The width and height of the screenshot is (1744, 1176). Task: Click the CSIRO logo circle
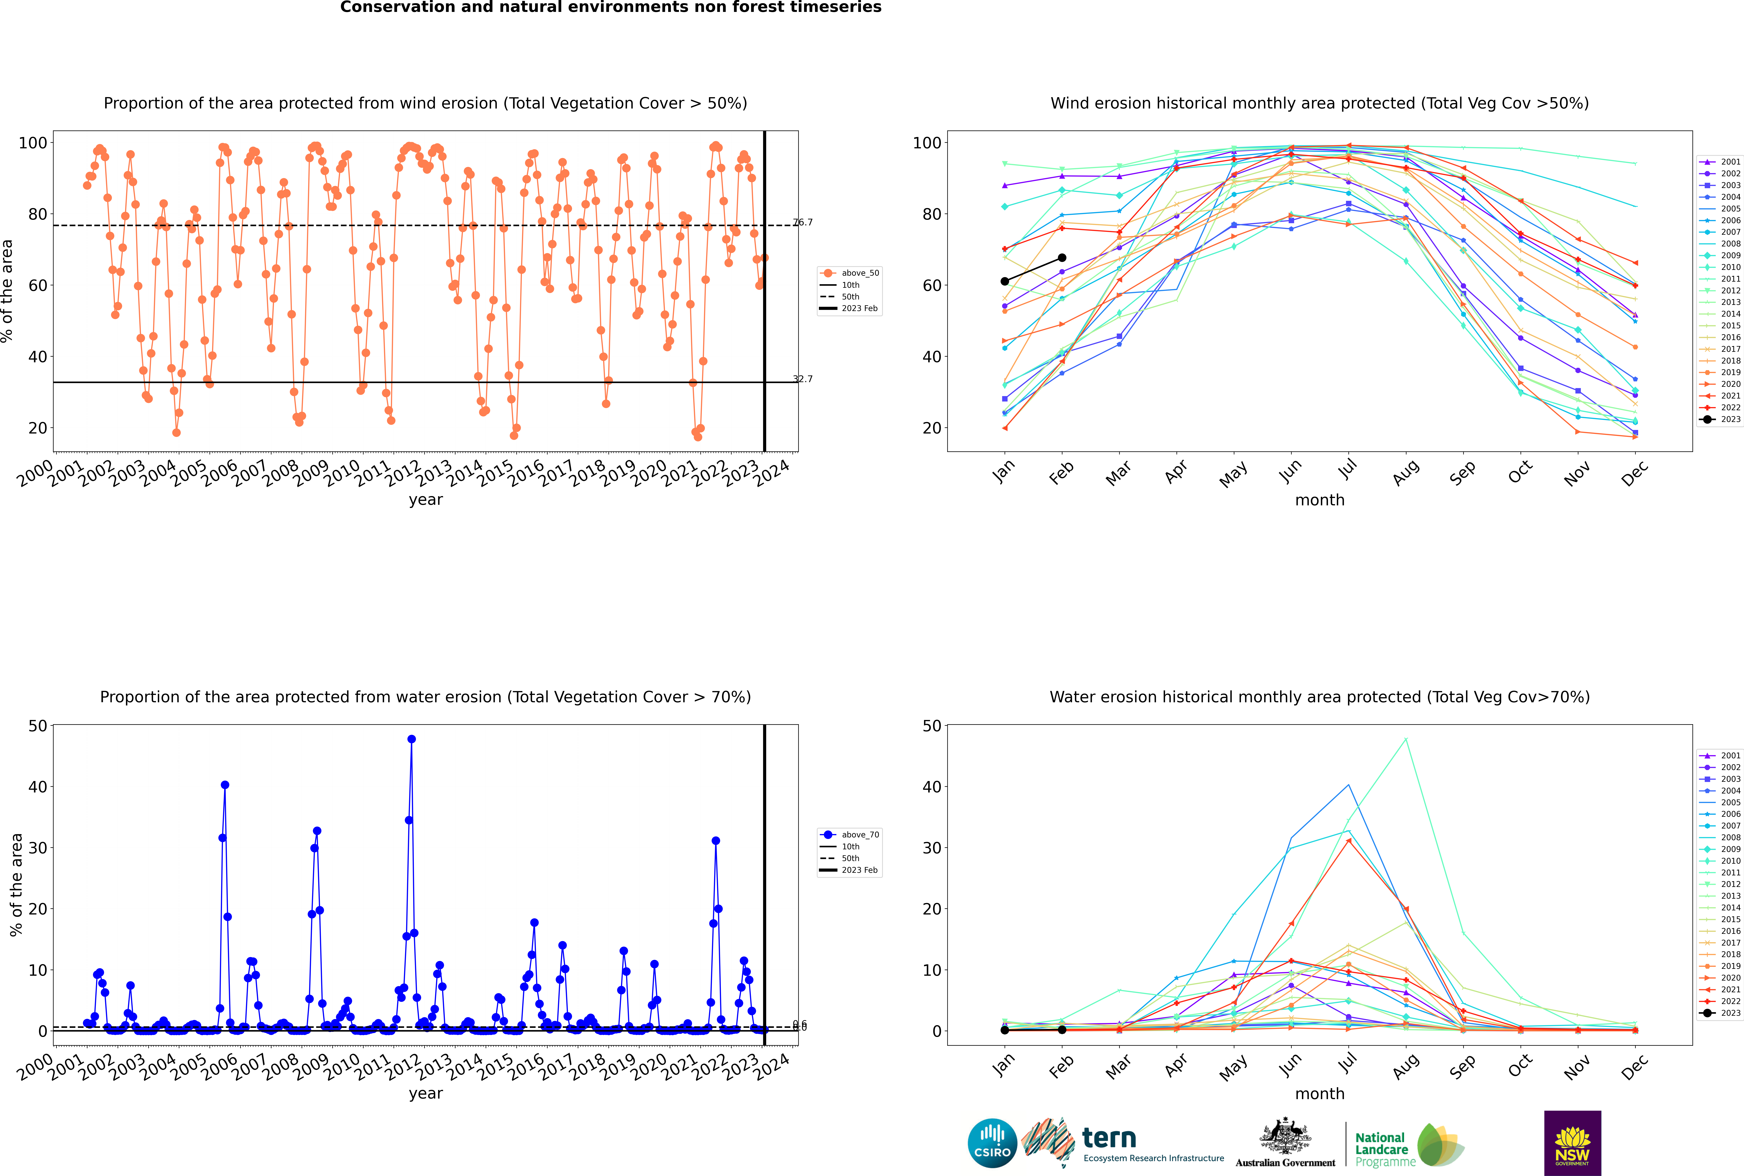[992, 1143]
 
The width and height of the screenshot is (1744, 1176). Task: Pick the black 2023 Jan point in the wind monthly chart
[1005, 281]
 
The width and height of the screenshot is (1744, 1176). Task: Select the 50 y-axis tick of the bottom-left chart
[37, 725]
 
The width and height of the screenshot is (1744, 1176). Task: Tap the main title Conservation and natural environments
[610, 7]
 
